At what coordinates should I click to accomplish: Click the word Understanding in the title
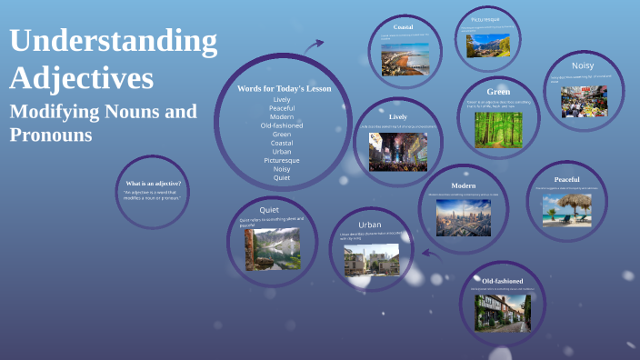tap(113, 42)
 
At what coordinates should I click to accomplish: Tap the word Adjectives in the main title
tap(81, 78)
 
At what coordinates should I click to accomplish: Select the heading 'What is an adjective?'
tap(153, 184)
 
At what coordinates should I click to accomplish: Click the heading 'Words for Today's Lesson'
tap(284, 88)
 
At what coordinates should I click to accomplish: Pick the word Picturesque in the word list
tap(282, 160)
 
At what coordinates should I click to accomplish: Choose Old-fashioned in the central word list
tap(282, 125)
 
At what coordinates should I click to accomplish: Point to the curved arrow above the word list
tap(315, 45)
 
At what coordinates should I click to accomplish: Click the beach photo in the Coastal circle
tap(404, 59)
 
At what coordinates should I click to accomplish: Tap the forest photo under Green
tap(497, 129)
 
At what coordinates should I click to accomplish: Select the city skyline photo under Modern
tap(464, 218)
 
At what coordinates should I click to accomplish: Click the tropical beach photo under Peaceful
tap(566, 209)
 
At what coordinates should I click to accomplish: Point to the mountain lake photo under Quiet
tap(271, 247)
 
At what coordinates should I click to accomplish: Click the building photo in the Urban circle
tap(371, 259)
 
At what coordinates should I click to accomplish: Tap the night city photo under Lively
tap(397, 150)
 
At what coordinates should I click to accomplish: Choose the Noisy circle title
tap(583, 65)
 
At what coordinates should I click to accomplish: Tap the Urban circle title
tap(369, 224)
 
